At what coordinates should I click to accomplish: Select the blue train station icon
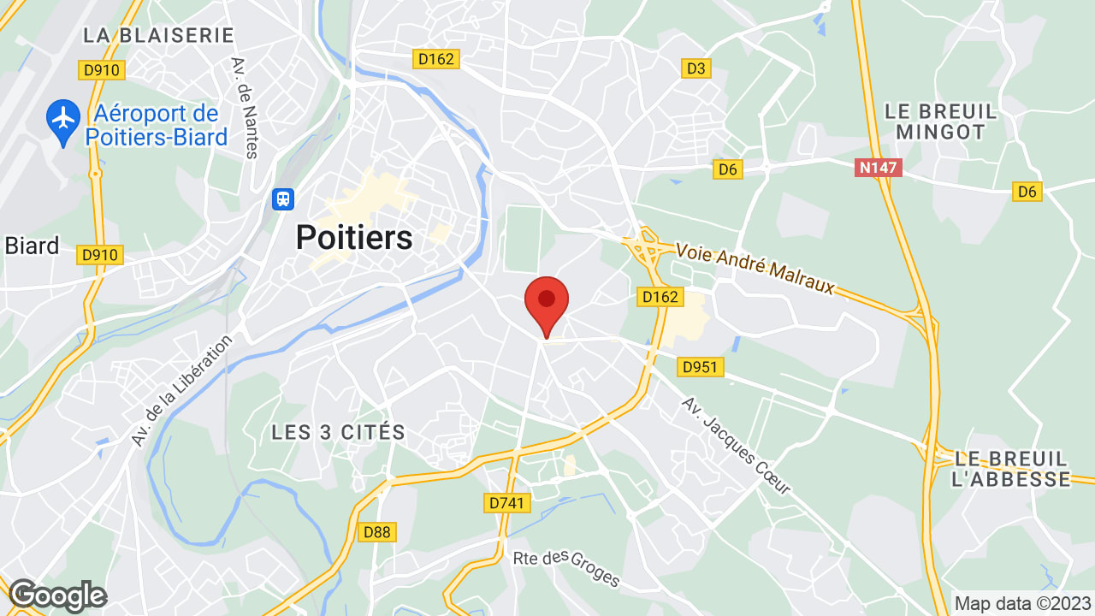[x=282, y=199]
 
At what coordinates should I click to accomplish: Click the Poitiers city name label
[x=354, y=238]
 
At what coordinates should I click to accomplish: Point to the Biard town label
[x=32, y=246]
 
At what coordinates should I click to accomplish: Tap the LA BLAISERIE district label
[x=158, y=35]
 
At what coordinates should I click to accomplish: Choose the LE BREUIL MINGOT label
[x=941, y=121]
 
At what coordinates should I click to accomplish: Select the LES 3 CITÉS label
[x=338, y=432]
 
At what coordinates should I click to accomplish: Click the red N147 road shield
[x=878, y=168]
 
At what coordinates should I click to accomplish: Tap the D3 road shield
[x=696, y=68]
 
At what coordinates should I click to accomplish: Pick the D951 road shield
[x=700, y=367]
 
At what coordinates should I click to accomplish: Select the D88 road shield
[x=376, y=532]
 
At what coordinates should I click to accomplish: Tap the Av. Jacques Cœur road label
[x=736, y=445]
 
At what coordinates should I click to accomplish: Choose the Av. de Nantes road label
[x=245, y=108]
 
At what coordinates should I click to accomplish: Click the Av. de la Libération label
[x=182, y=389]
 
